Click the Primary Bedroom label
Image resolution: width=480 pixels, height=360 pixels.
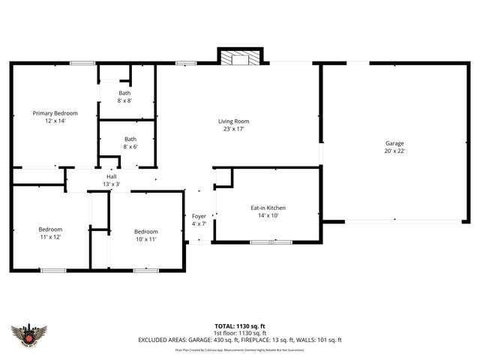55,113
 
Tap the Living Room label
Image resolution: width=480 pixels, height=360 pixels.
233,121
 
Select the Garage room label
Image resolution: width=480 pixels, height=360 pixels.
394,143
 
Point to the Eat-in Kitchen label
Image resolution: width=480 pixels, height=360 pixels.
268,208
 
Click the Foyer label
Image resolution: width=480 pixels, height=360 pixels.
199,216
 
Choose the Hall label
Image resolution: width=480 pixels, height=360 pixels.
110,177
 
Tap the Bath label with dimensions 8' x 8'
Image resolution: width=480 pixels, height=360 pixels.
124,93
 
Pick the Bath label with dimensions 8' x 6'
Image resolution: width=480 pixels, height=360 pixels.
130,139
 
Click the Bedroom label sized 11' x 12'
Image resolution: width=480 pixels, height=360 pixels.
50,229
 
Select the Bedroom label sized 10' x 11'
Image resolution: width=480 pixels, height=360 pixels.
145,232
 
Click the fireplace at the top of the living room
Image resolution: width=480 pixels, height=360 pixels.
240,57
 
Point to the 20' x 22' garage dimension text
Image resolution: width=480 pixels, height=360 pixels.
394,151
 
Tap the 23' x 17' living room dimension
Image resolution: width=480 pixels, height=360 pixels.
233,129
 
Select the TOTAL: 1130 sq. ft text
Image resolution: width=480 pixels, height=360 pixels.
240,326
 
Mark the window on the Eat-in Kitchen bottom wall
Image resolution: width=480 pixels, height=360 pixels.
271,241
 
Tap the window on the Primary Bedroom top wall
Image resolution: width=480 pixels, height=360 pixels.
82,63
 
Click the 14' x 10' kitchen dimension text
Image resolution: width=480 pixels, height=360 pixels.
268,215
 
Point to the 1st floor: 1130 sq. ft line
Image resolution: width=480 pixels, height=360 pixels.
240,333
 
